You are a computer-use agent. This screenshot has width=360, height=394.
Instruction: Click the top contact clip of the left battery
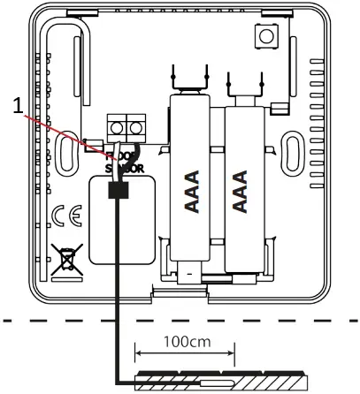point(190,78)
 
